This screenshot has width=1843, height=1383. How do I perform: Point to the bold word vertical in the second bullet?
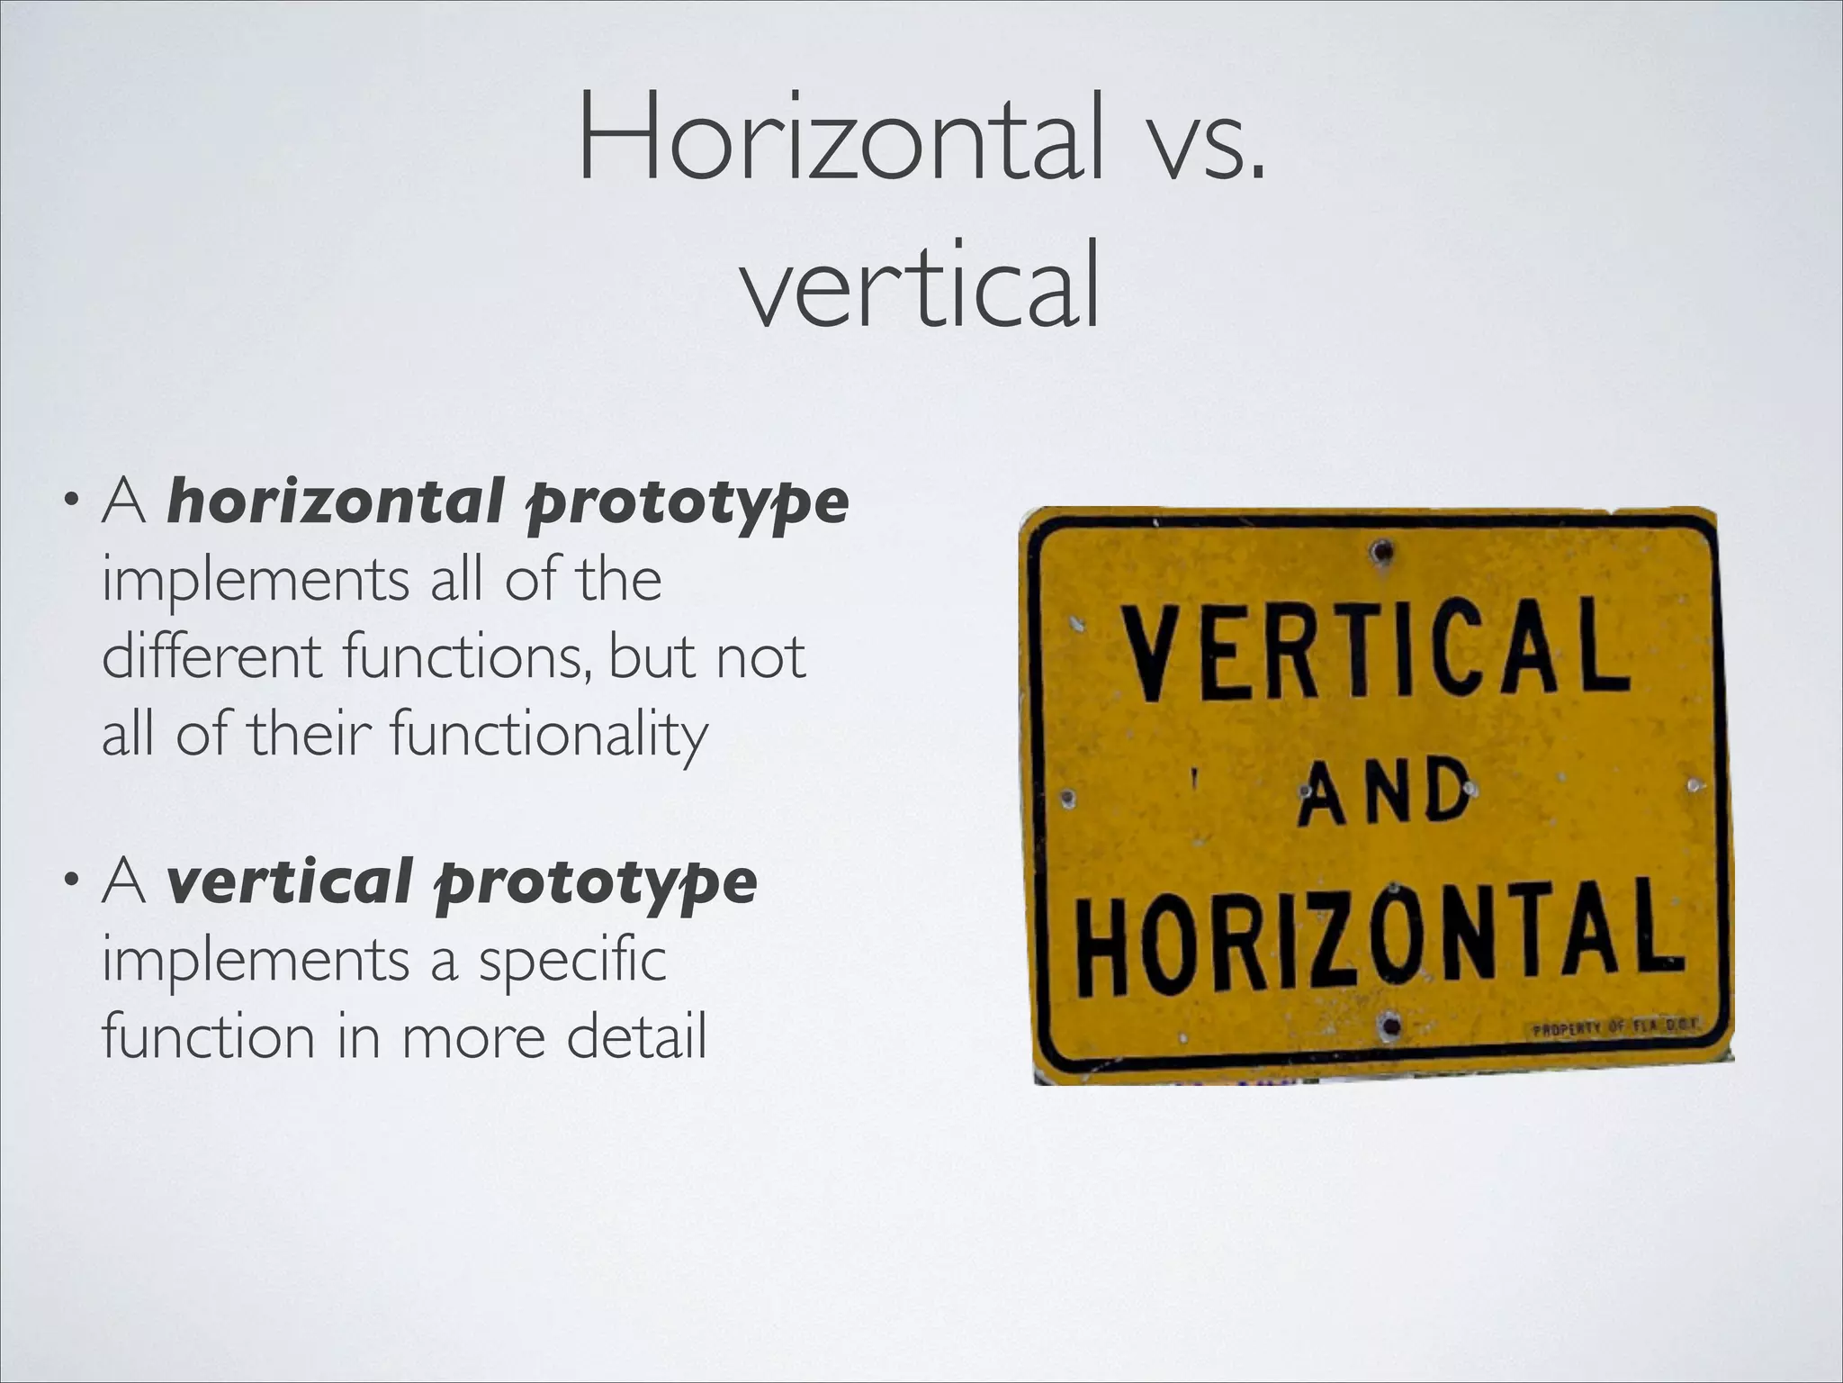pyautogui.click(x=290, y=881)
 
